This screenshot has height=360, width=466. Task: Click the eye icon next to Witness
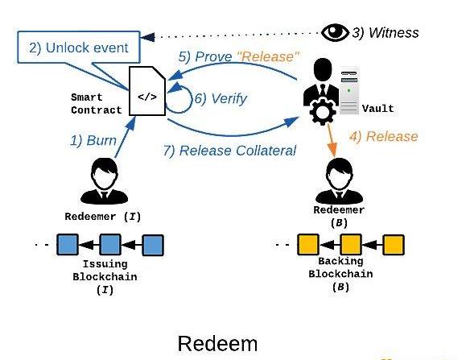click(335, 32)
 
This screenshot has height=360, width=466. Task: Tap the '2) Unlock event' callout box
click(79, 47)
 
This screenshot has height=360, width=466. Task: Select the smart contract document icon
click(147, 91)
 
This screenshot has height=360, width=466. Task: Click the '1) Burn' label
click(93, 140)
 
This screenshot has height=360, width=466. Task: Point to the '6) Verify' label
click(221, 98)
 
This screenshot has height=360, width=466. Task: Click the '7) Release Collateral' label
click(229, 151)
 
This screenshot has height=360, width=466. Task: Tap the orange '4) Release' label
click(384, 136)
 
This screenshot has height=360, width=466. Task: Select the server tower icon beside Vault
click(349, 91)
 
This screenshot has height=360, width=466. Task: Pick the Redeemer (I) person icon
click(105, 181)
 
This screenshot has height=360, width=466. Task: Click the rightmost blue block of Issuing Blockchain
click(153, 245)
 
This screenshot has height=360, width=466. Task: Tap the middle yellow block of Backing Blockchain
click(351, 245)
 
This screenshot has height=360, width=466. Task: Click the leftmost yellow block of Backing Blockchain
click(308, 245)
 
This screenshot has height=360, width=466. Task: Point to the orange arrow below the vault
click(332, 139)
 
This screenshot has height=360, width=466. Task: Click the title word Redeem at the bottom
click(217, 344)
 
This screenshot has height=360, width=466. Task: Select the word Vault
click(378, 109)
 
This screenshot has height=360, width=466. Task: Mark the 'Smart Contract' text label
click(97, 104)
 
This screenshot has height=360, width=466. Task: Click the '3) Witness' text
click(386, 33)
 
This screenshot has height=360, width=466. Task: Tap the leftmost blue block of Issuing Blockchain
click(68, 245)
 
